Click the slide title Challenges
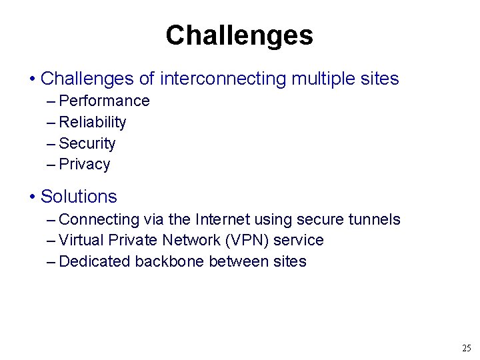(x=239, y=35)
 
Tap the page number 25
(x=466, y=348)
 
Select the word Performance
(x=105, y=101)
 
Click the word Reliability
(x=93, y=122)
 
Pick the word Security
(x=87, y=143)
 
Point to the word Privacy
(x=85, y=165)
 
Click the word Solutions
(x=79, y=197)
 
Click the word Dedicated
(x=95, y=261)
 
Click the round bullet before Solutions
(x=33, y=197)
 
